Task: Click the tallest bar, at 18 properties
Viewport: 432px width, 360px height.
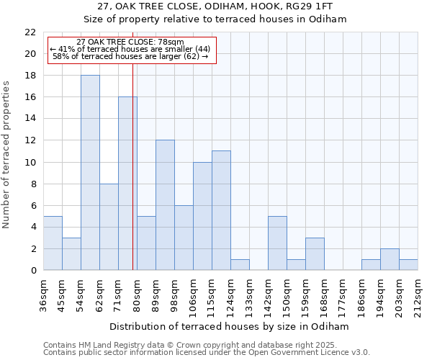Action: pyautogui.click(x=90, y=173)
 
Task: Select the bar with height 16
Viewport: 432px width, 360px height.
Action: pyautogui.click(x=127, y=184)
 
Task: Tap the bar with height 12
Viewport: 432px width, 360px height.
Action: pyautogui.click(x=165, y=205)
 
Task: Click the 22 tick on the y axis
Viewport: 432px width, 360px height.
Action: pyautogui.click(x=30, y=32)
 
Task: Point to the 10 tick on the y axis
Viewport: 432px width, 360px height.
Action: pyautogui.click(x=30, y=163)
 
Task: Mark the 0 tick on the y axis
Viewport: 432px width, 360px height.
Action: pyautogui.click(x=33, y=271)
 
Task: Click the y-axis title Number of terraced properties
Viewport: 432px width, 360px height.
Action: pyautogui.click(x=7, y=155)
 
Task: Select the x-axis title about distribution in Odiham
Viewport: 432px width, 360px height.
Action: pyautogui.click(x=230, y=326)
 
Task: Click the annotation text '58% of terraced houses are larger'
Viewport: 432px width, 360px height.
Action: pyautogui.click(x=130, y=56)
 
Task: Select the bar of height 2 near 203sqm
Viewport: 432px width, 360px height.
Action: pyautogui.click(x=390, y=259)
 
